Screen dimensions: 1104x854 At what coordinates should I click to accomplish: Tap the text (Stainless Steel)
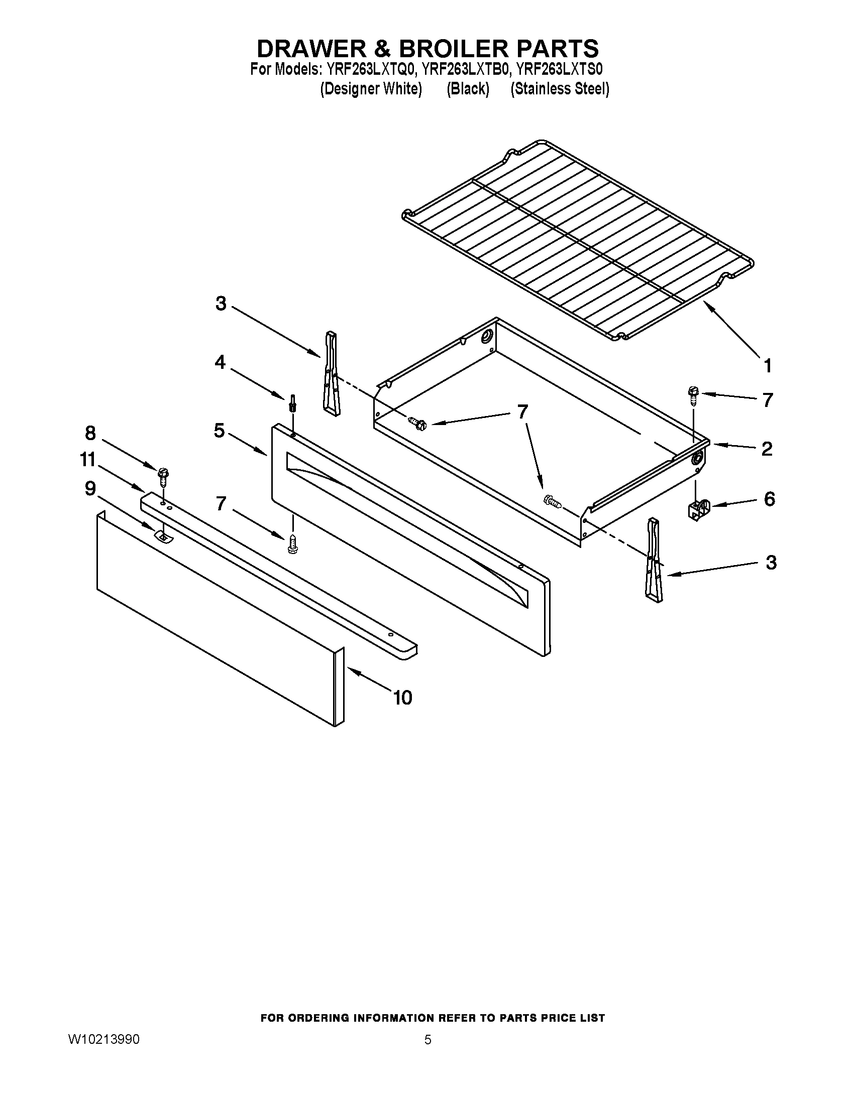560,89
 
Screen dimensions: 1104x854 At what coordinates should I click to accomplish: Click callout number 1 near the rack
768,365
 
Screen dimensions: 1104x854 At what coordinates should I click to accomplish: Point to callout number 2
767,448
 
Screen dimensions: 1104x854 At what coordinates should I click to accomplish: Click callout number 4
220,362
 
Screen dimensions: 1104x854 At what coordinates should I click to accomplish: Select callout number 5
219,431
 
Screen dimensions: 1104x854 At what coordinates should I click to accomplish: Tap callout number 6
769,499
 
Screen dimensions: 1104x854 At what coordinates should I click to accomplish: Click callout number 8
90,433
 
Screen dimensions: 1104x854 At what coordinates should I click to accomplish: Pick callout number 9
90,488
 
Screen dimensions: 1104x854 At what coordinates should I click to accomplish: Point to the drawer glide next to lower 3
653,561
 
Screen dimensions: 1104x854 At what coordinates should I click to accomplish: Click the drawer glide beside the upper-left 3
332,374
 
